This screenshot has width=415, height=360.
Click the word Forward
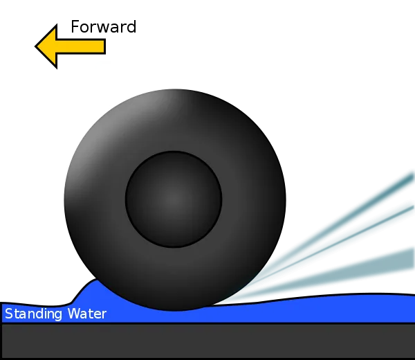click(104, 27)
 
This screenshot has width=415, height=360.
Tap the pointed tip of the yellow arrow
click(35, 46)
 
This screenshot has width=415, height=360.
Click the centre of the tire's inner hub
click(174, 199)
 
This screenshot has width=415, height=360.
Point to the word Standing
click(33, 314)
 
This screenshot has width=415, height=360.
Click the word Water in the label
click(87, 314)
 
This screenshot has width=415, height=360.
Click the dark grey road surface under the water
click(207, 341)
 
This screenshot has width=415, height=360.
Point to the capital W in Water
click(74, 314)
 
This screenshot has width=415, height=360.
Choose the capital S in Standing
click(9, 314)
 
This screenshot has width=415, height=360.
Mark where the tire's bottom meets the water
click(175, 310)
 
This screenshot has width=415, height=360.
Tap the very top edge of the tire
click(175, 89)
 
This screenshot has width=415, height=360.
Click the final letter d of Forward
click(131, 27)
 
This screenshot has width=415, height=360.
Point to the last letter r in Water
click(104, 315)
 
